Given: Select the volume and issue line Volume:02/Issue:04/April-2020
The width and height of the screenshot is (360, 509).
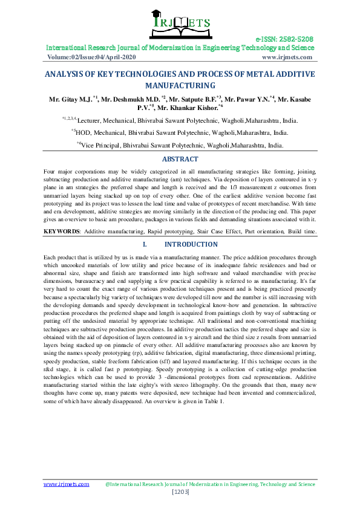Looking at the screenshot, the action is pyautogui.click(x=91, y=57).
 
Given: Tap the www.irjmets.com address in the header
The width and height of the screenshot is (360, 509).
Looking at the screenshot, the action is pyautogui.click(x=287, y=57).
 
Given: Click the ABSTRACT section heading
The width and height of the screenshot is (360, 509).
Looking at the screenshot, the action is pyautogui.click(x=180, y=159).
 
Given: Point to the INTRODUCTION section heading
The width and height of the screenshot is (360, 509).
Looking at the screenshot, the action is pyautogui.click(x=191, y=244).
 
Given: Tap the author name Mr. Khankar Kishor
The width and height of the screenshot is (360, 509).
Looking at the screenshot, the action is pyautogui.click(x=188, y=106).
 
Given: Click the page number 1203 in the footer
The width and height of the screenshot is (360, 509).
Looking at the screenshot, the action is pyautogui.click(x=180, y=493).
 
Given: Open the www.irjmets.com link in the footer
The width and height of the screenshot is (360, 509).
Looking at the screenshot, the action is pyautogui.click(x=67, y=484).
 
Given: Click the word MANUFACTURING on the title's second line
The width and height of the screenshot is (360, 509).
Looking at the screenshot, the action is pyautogui.click(x=180, y=86).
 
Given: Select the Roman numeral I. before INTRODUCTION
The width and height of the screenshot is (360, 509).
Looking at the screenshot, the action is pyautogui.click(x=145, y=244).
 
